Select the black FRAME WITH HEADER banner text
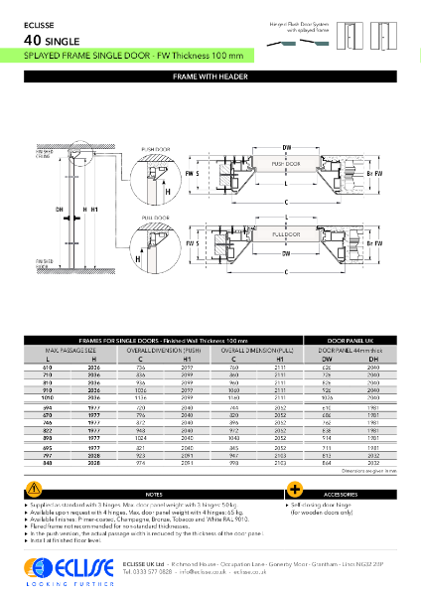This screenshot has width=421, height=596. (x=210, y=75)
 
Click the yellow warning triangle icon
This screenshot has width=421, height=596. (x=36, y=488)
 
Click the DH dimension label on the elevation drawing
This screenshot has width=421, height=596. (x=60, y=210)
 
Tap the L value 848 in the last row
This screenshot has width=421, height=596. (x=49, y=463)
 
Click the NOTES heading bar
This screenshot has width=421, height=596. (x=154, y=494)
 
